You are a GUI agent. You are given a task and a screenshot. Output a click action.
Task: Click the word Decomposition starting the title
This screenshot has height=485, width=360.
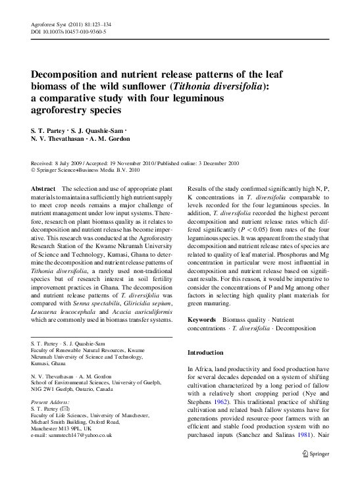click(x=68, y=74)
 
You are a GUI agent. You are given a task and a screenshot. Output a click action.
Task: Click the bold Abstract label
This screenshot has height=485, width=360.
click(x=43, y=188)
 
